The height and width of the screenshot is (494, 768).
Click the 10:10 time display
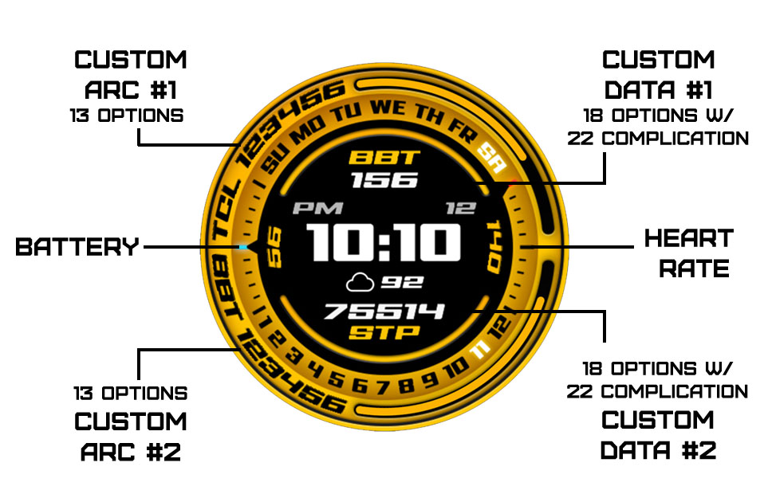click(x=384, y=242)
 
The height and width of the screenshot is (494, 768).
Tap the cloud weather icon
click(x=360, y=283)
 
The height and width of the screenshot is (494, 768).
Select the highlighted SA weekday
click(x=491, y=158)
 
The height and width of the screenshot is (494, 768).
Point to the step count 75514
click(x=384, y=312)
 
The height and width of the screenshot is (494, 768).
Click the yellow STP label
click(x=384, y=332)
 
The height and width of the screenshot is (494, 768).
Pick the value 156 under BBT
click(x=384, y=180)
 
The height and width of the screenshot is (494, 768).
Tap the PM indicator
click(x=317, y=209)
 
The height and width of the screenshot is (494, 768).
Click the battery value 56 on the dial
click(x=275, y=247)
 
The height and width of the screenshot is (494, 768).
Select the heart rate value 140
click(x=494, y=246)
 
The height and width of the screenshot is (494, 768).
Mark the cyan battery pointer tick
click(x=243, y=248)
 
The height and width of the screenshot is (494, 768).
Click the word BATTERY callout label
click(x=77, y=247)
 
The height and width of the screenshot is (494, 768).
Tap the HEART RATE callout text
click(x=689, y=253)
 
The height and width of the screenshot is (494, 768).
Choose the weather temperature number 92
click(x=402, y=282)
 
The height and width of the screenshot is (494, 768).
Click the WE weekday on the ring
click(x=388, y=108)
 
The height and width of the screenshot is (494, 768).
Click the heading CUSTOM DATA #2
click(x=658, y=435)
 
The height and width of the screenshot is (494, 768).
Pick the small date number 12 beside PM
click(x=460, y=209)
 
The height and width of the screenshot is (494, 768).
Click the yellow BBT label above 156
click(x=384, y=158)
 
